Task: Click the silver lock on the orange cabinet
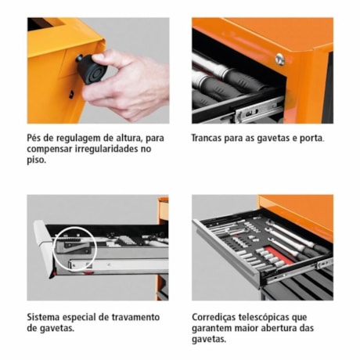(x=279, y=59)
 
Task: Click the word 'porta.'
(x=311, y=138)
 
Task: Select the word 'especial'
(x=85, y=317)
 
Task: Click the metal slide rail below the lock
(x=259, y=110)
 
